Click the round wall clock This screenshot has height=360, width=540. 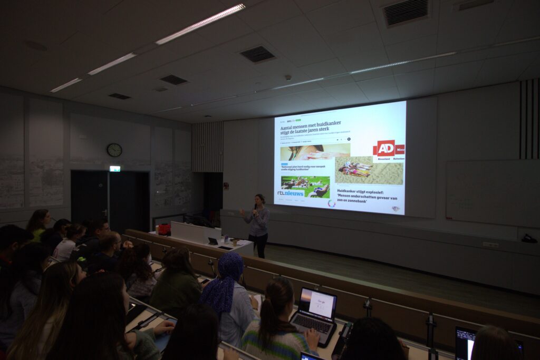[114, 150]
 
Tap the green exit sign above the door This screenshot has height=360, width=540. [114, 169]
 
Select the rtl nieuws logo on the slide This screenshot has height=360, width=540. [291, 193]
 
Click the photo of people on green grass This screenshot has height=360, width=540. [305, 185]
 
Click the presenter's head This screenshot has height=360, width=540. [259, 199]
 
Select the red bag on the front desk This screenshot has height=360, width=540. [165, 229]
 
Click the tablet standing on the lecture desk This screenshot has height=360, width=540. [213, 241]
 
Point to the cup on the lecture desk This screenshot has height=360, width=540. [235, 242]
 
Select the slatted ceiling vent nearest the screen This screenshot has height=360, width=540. [257, 54]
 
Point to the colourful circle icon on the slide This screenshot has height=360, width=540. [331, 203]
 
